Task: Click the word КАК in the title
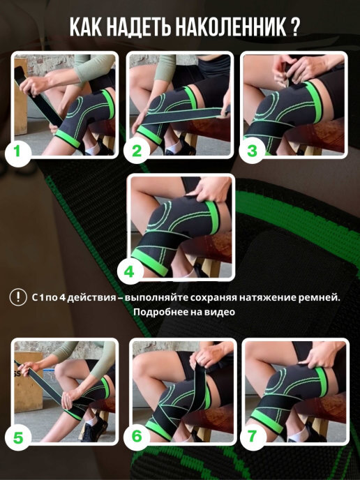point(85,27)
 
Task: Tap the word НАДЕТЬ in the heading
point(140,27)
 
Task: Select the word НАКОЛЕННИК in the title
point(230,27)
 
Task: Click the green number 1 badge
point(17,152)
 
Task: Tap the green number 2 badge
point(137,151)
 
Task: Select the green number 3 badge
point(252,151)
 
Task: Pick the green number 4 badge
point(130,272)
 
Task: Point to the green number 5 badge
point(17,438)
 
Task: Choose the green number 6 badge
point(137,436)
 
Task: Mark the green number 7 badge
point(253,436)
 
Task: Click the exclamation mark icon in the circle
point(18,297)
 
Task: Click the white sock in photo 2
point(174,147)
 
